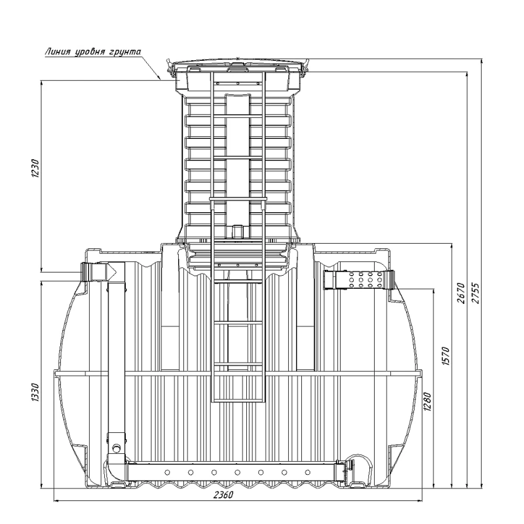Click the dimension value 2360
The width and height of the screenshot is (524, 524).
pos(224,502)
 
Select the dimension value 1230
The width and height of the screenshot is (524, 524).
pos(36,168)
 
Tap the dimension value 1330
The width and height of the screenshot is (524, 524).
pos(36,393)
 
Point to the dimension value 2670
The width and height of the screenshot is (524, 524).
pos(462,293)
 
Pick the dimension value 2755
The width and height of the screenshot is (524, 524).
pos(476,293)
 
